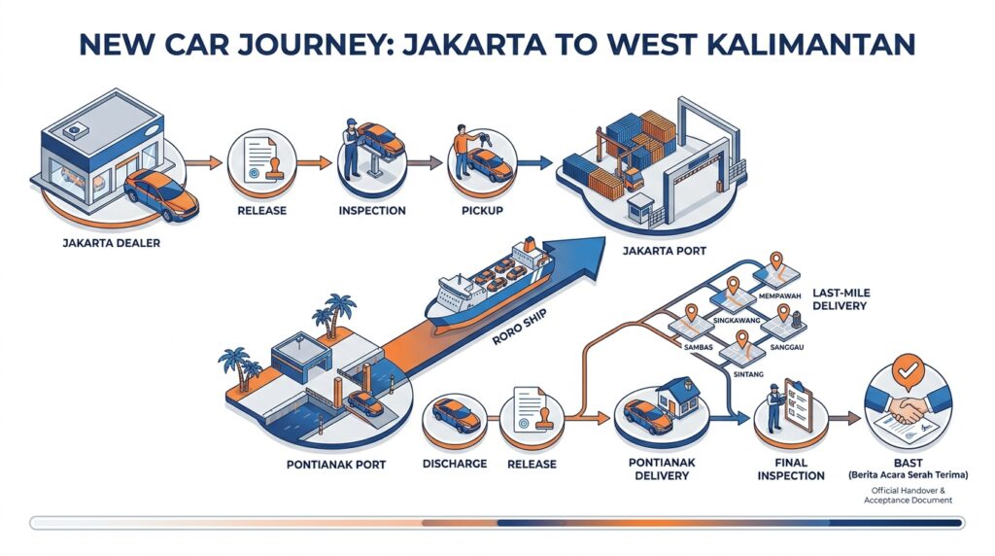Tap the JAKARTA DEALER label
[x=111, y=242]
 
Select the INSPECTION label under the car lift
[x=372, y=211]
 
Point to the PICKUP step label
[x=482, y=211]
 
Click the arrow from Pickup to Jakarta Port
[x=534, y=163]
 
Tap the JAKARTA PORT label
[x=665, y=251]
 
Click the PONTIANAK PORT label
[x=336, y=465]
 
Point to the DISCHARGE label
[x=455, y=464]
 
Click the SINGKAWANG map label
[x=737, y=321]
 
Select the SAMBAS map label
[x=698, y=347]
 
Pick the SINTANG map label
[x=748, y=374]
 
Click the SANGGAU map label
[x=787, y=347]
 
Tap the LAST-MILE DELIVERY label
[x=841, y=299]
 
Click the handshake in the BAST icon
[x=908, y=409]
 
